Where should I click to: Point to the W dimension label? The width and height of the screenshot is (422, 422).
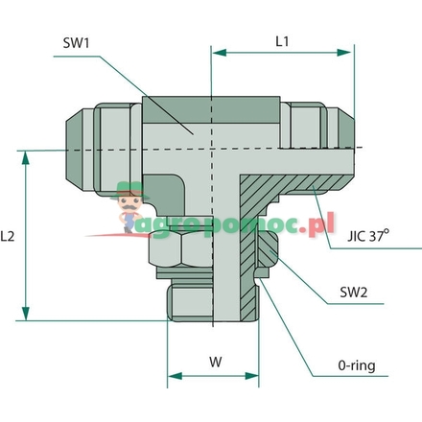click(x=215, y=363)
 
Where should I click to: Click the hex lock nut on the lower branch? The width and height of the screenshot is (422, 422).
click(x=180, y=254)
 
